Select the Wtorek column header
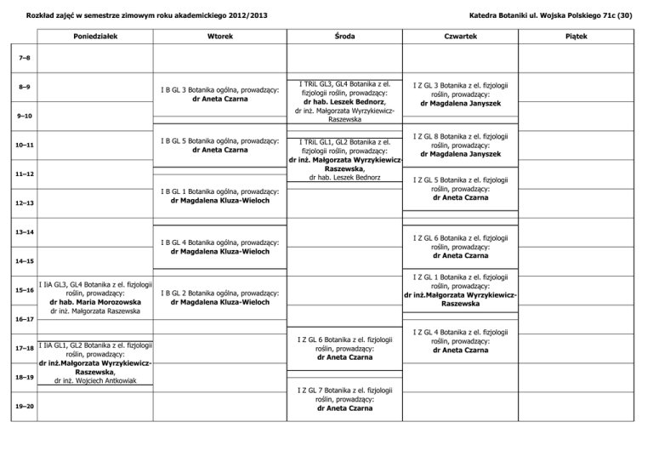pos(220,37)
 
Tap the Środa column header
pos(345,37)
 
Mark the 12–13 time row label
pos(25,203)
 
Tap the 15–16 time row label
pos(25,291)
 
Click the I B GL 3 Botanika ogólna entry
pos(220,94)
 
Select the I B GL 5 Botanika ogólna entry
pos(220,145)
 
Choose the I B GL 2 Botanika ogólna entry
pos(220,297)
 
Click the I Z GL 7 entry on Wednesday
pos(344,398)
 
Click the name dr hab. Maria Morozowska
pos(95,301)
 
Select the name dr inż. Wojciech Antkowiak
pos(95,381)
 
